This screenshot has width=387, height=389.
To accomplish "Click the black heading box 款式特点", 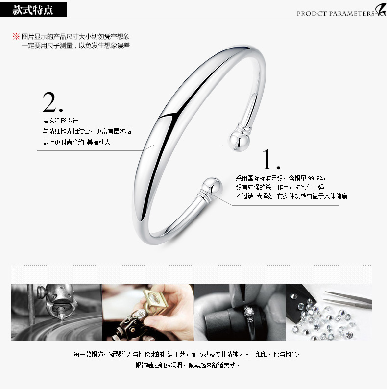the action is click(33, 10).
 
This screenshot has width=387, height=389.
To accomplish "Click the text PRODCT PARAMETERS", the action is click(336, 13).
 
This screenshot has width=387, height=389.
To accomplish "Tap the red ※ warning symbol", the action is click(16, 36).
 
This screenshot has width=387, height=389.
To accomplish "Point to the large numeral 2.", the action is click(52, 102).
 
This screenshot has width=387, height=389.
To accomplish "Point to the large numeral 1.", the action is click(271, 159).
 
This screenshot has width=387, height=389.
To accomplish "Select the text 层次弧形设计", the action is click(60, 121).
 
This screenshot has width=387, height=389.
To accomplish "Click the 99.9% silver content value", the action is click(316, 178).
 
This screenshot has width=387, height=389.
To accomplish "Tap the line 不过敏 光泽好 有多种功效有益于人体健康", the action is click(291, 196).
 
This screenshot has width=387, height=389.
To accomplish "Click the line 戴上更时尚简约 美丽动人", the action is click(76, 142).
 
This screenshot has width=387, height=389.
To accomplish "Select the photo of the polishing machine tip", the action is click(57, 313).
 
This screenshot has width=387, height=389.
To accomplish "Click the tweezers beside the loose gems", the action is click(349, 299).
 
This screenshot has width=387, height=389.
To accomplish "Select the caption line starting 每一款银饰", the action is click(187, 354).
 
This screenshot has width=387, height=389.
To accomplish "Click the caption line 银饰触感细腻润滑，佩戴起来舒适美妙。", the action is click(187, 365).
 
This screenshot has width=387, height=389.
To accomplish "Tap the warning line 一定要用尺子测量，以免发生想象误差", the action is click(75, 46).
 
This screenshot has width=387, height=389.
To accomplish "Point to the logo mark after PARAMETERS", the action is click(381, 10).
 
